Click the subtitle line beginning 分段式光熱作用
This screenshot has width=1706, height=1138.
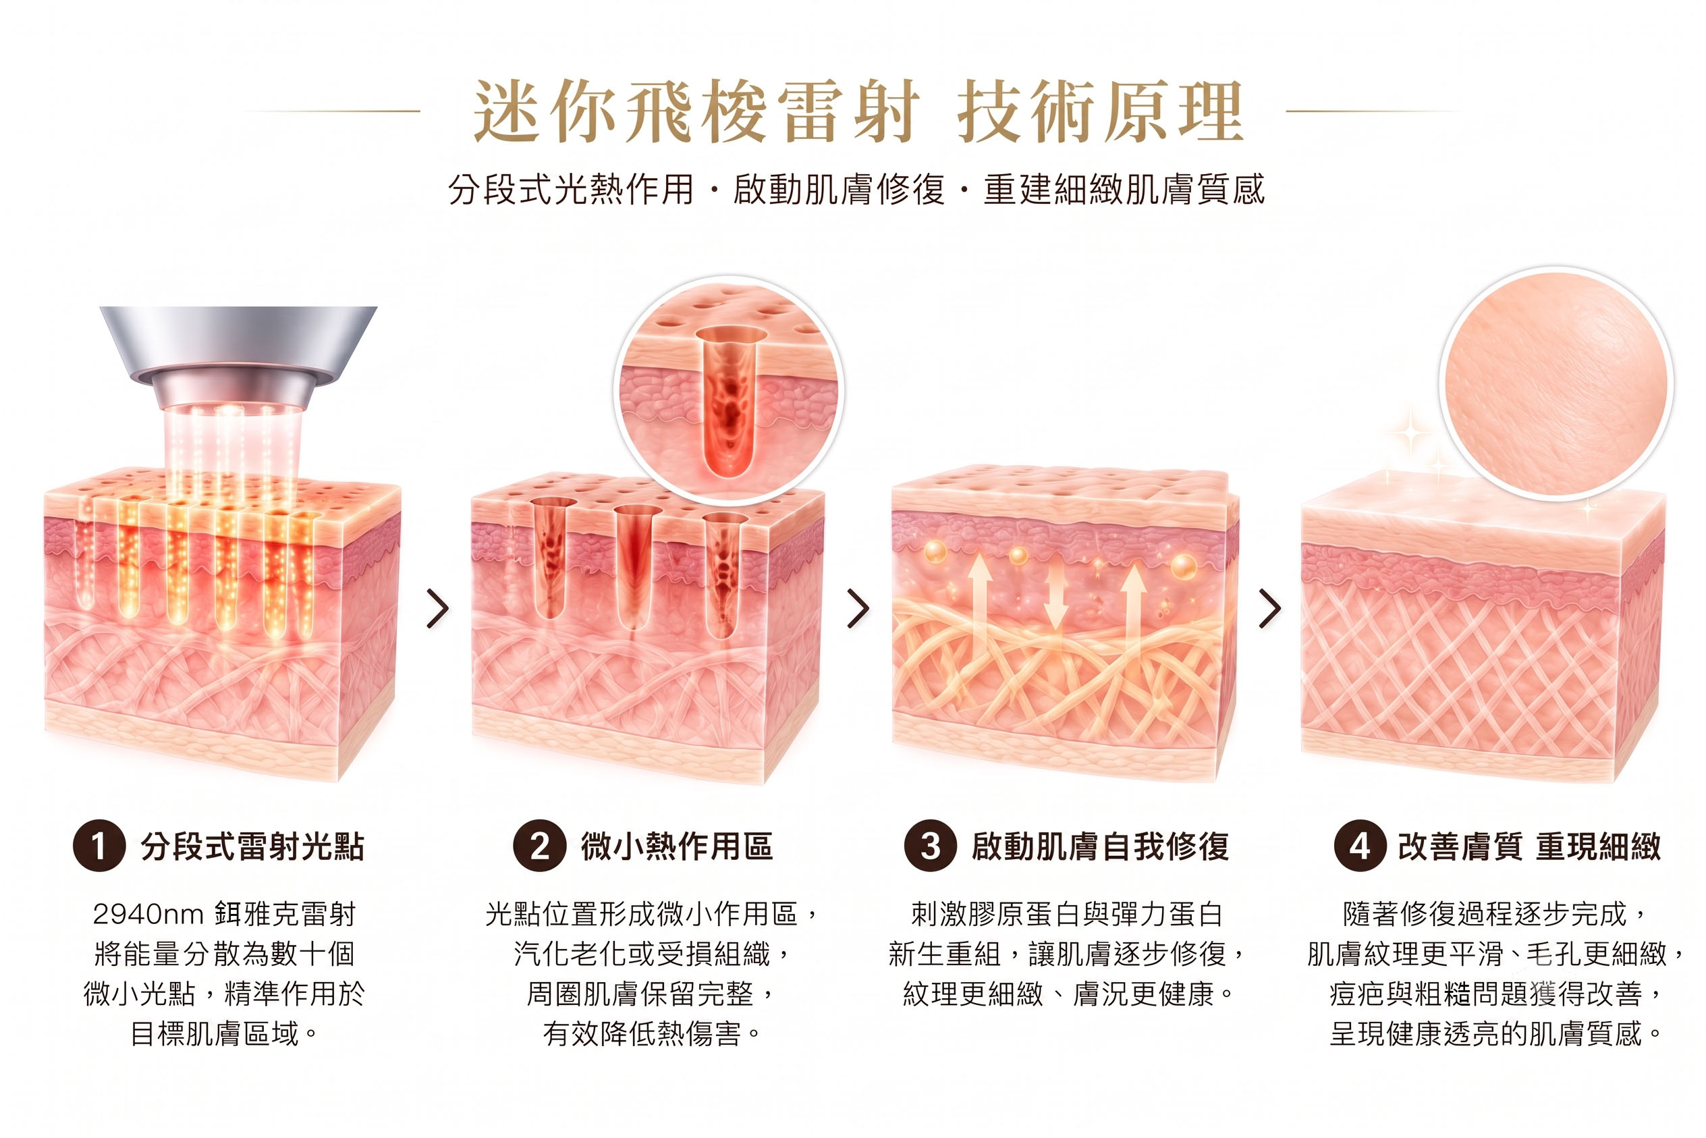pyautogui.click(x=856, y=190)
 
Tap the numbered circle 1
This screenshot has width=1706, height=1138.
pyautogui.click(x=99, y=846)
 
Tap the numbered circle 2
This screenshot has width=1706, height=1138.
pyautogui.click(x=539, y=846)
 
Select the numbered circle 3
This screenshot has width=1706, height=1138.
pyautogui.click(x=931, y=846)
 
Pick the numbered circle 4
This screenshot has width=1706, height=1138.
pyautogui.click(x=1360, y=846)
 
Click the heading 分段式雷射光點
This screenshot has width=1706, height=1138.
pyautogui.click(x=252, y=846)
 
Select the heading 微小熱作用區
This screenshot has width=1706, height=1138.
pyautogui.click(x=676, y=846)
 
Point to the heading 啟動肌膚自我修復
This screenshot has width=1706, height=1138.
pyautogui.click(x=1100, y=846)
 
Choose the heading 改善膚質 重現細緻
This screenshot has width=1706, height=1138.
pyautogui.click(x=1530, y=846)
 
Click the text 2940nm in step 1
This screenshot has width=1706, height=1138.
pyautogui.click(x=148, y=915)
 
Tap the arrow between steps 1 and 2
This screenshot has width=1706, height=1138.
pyautogui.click(x=437, y=608)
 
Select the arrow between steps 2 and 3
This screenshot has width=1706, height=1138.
pyautogui.click(x=858, y=608)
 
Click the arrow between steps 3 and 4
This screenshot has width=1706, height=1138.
pyautogui.click(x=1270, y=608)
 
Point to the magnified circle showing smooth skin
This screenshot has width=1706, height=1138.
pyautogui.click(x=1556, y=384)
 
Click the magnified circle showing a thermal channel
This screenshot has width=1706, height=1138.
pyautogui.click(x=729, y=390)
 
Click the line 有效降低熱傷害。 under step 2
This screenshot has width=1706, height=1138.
pyautogui.click(x=653, y=1033)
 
